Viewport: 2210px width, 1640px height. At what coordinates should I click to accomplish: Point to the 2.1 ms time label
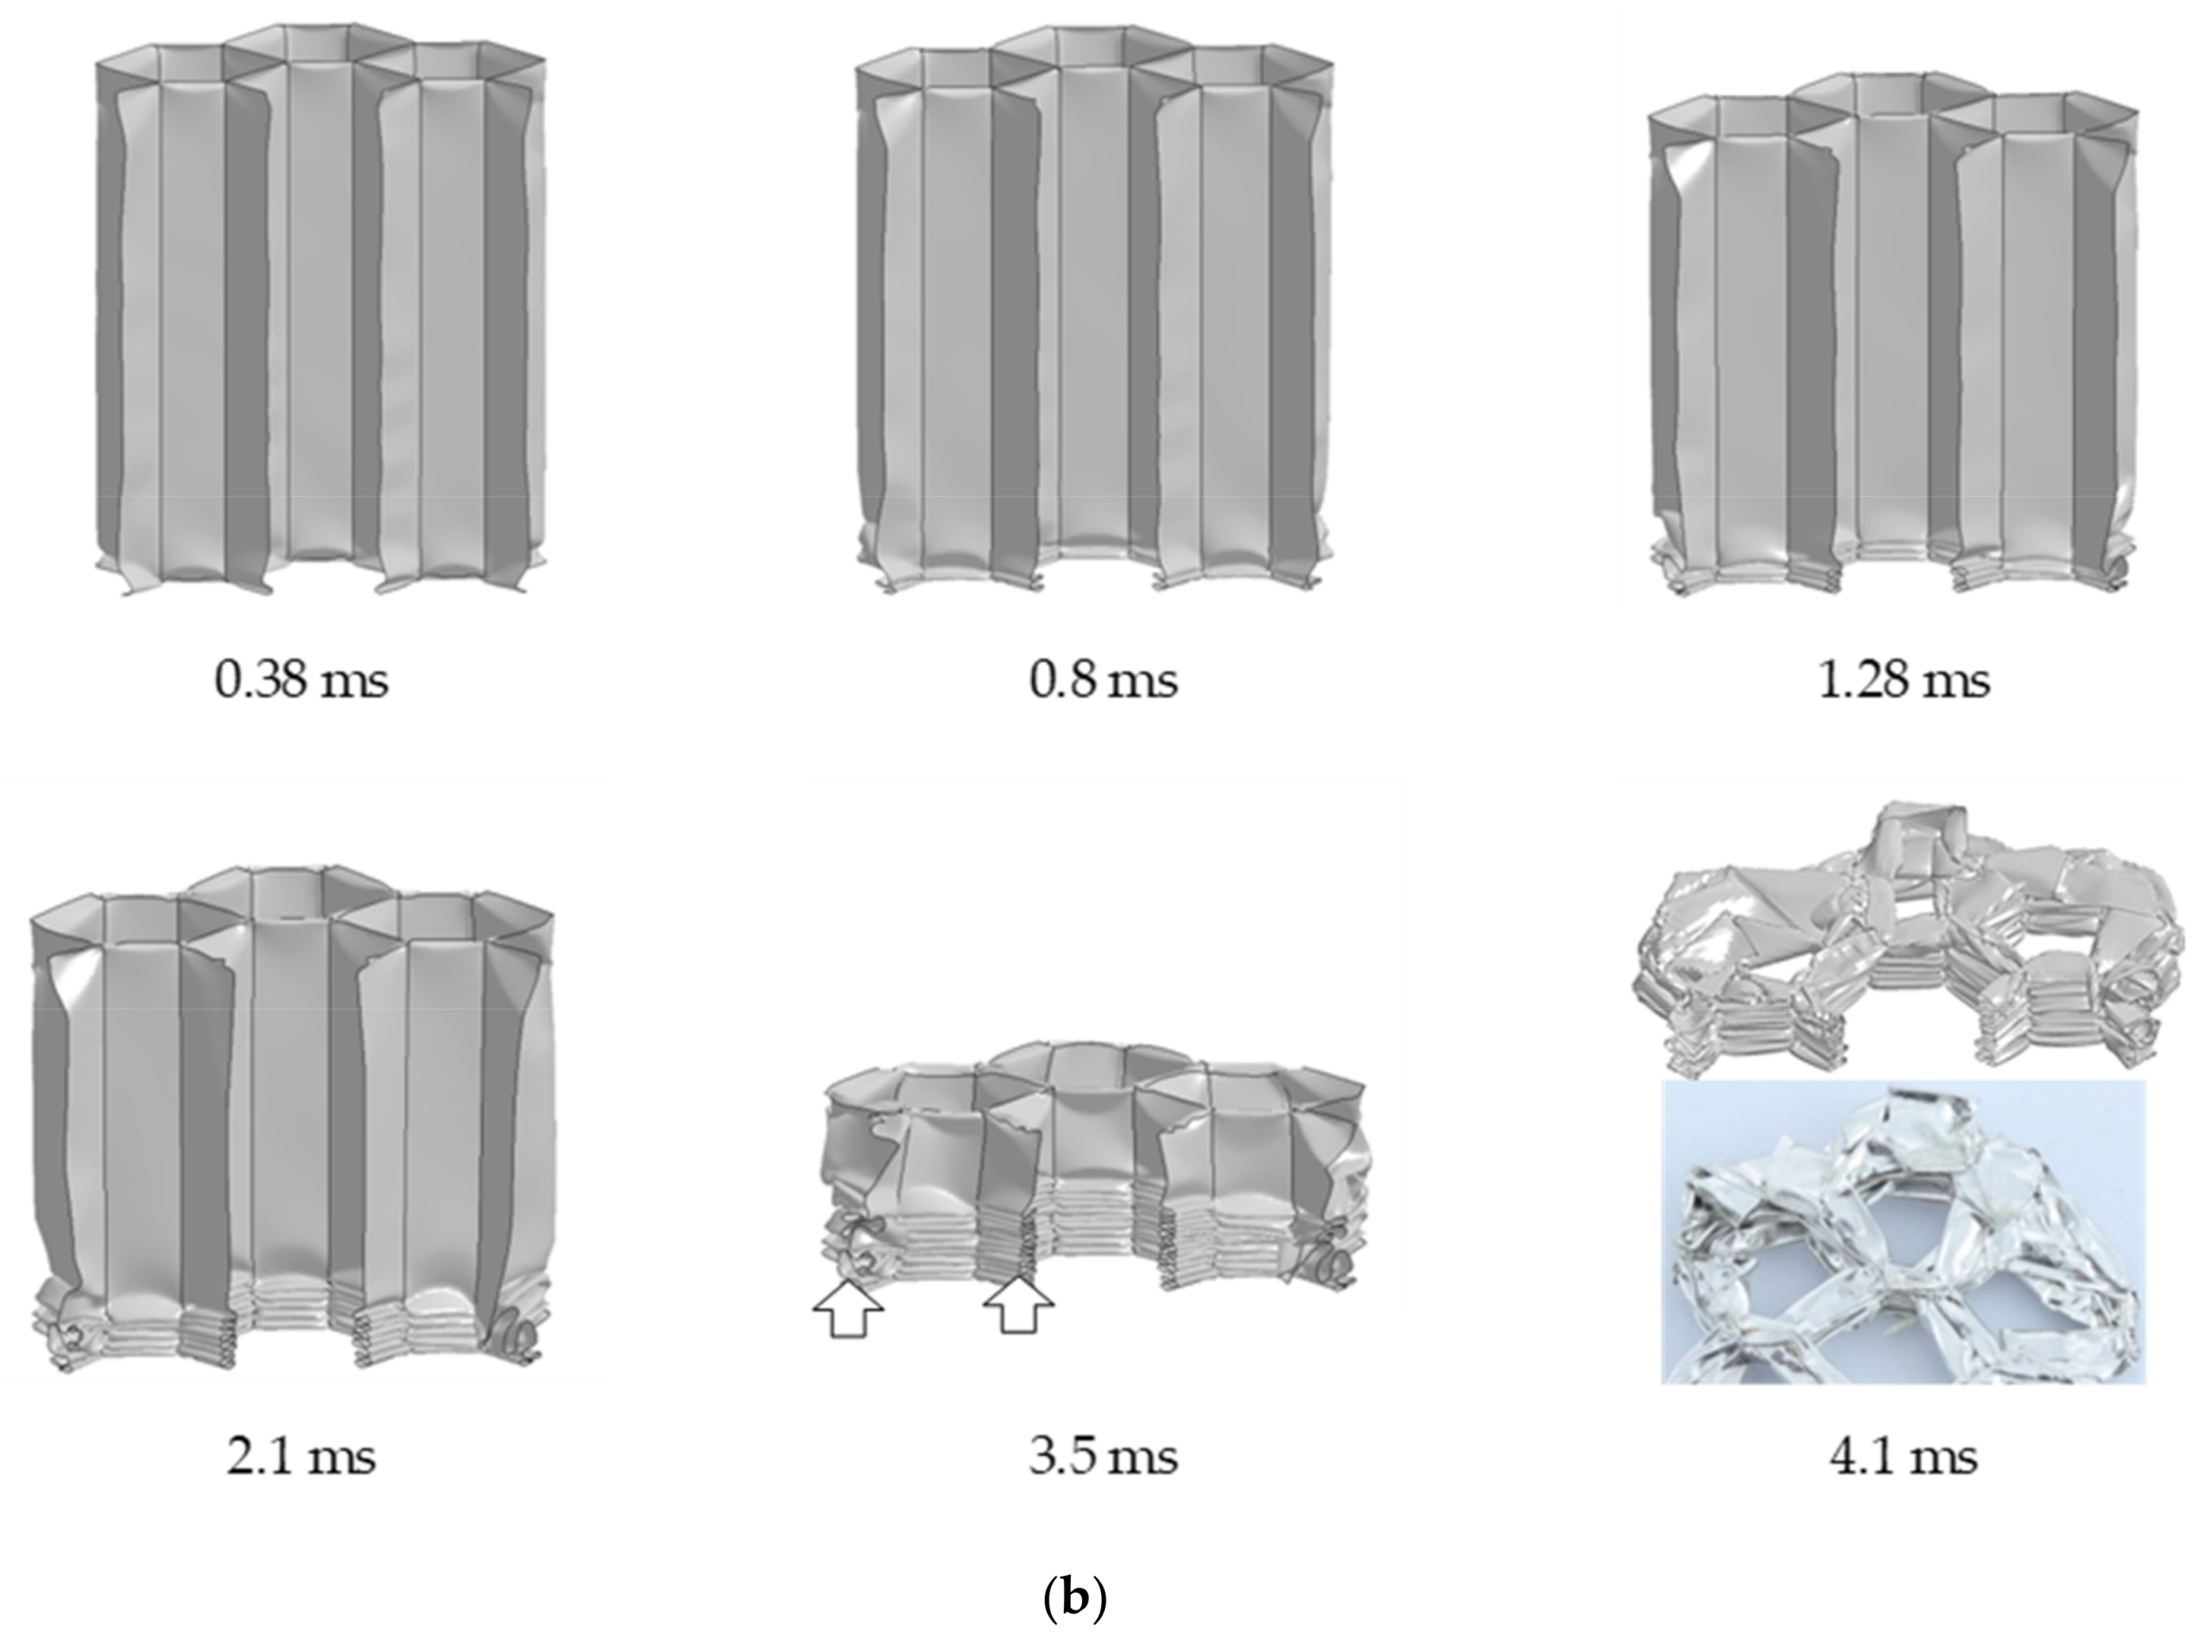(x=301, y=1458)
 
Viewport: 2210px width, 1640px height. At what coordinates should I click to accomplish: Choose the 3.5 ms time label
(x=1103, y=1458)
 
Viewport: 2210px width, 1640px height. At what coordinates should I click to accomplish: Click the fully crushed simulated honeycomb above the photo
(x=1906, y=943)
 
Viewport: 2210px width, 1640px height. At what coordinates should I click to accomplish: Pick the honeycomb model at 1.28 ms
(x=1891, y=338)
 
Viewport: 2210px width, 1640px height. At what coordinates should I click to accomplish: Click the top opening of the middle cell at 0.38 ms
(x=318, y=44)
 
